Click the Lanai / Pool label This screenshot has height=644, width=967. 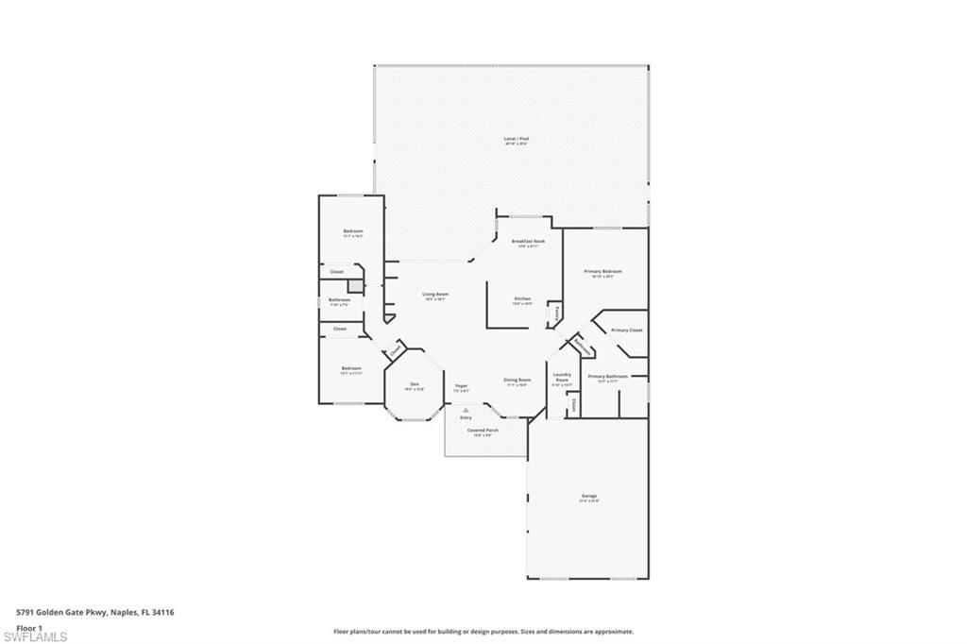click(x=516, y=139)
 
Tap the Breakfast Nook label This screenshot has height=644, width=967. click(x=529, y=241)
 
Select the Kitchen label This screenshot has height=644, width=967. click(x=522, y=298)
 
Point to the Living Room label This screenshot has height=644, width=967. click(x=435, y=294)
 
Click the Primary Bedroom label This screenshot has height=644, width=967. click(x=602, y=271)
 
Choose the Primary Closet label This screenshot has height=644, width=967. click(x=626, y=330)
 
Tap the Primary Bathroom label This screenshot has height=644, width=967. click(x=608, y=376)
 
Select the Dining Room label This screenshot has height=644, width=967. click(x=517, y=380)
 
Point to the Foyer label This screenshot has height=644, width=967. click(x=462, y=385)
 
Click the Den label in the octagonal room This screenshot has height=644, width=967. click(x=414, y=383)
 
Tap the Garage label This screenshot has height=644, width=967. click(x=589, y=496)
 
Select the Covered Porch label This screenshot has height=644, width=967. click(x=483, y=430)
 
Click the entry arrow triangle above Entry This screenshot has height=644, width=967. click(x=466, y=410)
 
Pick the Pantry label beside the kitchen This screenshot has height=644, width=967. click(x=558, y=311)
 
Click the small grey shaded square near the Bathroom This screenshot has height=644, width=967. click(x=356, y=286)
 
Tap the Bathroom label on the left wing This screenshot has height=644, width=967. click(x=339, y=299)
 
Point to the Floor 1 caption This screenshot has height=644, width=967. click(x=29, y=627)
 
